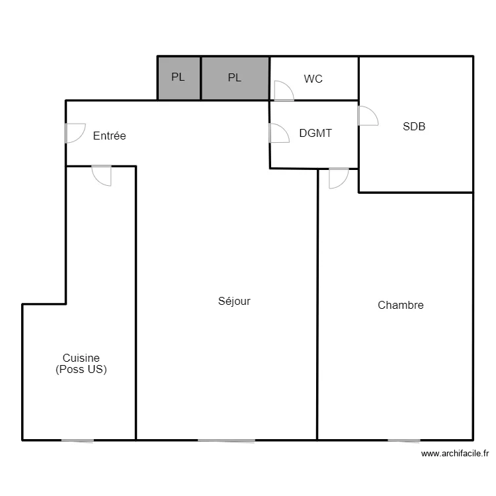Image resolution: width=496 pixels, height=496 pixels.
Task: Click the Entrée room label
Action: tap(109, 136)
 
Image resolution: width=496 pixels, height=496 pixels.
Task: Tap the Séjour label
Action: tap(234, 301)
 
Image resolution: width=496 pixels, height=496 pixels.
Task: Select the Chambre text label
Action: tap(401, 305)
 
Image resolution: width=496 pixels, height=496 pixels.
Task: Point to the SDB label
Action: tap(414, 126)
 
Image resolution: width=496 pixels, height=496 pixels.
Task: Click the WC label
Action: tap(313, 79)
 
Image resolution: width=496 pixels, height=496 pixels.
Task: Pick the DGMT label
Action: tap(315, 133)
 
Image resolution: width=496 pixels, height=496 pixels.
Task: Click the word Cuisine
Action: tap(81, 358)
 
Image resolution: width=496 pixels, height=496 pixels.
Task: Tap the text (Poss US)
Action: tap(81, 369)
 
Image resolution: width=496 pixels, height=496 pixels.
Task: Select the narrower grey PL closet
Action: tap(179, 78)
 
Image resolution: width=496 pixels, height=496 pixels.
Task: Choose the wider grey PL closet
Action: tap(235, 78)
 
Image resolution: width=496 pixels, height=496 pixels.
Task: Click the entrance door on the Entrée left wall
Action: tap(75, 133)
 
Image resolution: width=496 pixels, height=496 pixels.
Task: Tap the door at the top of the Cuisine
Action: tap(102, 175)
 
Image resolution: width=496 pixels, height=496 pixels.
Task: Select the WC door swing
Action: tap(284, 91)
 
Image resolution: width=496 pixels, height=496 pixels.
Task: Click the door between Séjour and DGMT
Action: tap(279, 133)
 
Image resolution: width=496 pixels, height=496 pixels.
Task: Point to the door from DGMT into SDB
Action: tap(368, 116)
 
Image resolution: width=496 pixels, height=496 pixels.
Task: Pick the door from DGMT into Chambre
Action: tap(339, 179)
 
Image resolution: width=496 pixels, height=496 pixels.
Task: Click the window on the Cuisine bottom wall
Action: tap(77, 440)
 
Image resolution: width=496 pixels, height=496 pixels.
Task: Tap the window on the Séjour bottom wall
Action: tap(226, 440)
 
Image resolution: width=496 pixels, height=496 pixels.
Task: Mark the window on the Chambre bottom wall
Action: tap(404, 440)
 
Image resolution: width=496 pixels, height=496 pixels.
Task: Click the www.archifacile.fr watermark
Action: tap(455, 454)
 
